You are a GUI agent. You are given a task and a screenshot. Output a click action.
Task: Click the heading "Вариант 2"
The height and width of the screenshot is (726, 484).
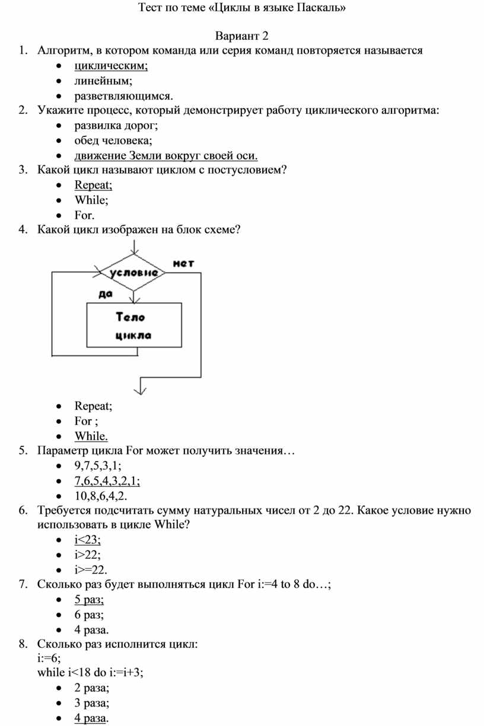pos(242,36)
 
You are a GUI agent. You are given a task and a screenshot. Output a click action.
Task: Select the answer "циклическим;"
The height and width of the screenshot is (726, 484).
pos(111,65)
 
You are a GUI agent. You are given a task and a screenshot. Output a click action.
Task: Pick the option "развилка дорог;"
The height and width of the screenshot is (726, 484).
pos(116,125)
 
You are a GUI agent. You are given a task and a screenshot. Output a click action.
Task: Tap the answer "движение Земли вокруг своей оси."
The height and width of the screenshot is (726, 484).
pos(166,155)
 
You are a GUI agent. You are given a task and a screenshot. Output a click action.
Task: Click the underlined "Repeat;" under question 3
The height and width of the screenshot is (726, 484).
pos(93,185)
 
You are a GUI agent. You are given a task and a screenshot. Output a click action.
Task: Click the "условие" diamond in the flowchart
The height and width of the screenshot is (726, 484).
pos(133,273)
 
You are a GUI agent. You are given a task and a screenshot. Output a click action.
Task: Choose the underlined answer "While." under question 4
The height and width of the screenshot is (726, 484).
pos(91,436)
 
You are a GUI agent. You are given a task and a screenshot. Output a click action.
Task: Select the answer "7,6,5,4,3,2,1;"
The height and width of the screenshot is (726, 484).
pos(107,481)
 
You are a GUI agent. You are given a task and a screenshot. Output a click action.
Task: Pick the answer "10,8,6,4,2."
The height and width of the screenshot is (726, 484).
pos(100,495)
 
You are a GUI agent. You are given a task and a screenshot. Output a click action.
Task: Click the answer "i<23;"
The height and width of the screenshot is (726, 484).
pos(88,540)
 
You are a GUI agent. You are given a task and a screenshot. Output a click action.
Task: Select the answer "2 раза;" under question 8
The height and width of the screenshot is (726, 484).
pos(92,688)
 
